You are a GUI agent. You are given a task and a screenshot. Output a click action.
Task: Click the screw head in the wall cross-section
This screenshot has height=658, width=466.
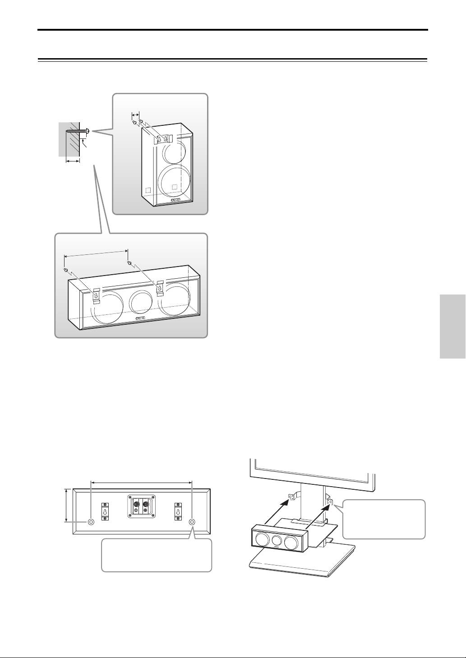(x=88, y=131)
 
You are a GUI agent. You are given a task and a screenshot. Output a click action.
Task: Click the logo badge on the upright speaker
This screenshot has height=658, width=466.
(x=176, y=200)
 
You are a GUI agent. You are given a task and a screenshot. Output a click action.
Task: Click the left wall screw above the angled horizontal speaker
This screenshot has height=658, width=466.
(x=66, y=270)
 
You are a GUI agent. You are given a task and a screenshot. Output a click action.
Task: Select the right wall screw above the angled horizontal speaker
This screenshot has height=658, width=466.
(x=129, y=263)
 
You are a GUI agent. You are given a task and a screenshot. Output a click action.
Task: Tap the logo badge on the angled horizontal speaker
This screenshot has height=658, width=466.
(x=141, y=320)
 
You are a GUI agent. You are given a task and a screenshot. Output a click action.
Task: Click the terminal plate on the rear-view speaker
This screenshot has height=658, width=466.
(x=141, y=507)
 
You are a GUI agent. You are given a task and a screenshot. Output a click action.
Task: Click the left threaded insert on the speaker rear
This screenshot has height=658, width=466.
(x=91, y=522)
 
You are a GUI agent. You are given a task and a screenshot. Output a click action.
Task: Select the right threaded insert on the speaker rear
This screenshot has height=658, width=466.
(x=192, y=522)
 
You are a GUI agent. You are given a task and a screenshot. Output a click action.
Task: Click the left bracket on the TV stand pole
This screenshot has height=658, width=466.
(x=292, y=497)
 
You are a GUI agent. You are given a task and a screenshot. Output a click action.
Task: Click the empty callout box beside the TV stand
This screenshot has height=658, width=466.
(x=384, y=519)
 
